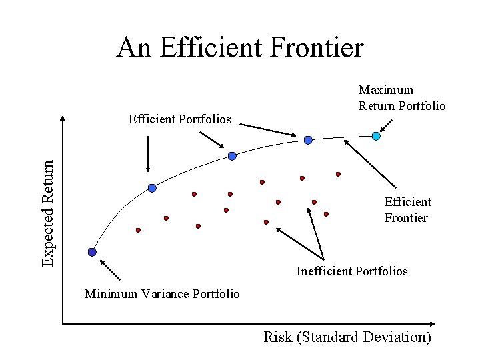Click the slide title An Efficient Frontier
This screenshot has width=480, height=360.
[240, 48]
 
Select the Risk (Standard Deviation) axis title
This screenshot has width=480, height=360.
[347, 337]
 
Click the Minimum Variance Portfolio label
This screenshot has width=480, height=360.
[162, 294]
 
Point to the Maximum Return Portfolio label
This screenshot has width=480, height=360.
[402, 97]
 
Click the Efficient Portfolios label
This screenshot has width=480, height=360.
[179, 119]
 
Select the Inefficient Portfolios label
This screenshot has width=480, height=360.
[352, 271]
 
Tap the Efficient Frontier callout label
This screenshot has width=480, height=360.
[407, 209]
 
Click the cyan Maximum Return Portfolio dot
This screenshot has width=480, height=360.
[376, 136]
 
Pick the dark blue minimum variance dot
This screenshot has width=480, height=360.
[92, 252]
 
